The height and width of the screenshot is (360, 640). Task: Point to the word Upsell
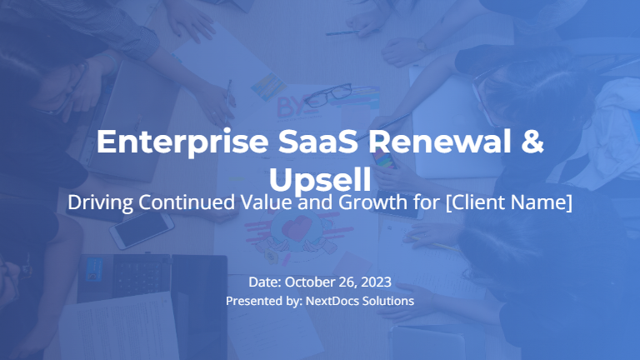pyautogui.click(x=320, y=177)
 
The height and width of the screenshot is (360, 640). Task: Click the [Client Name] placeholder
pyautogui.click(x=509, y=202)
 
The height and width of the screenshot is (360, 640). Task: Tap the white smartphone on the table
pyautogui.click(x=142, y=231)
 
